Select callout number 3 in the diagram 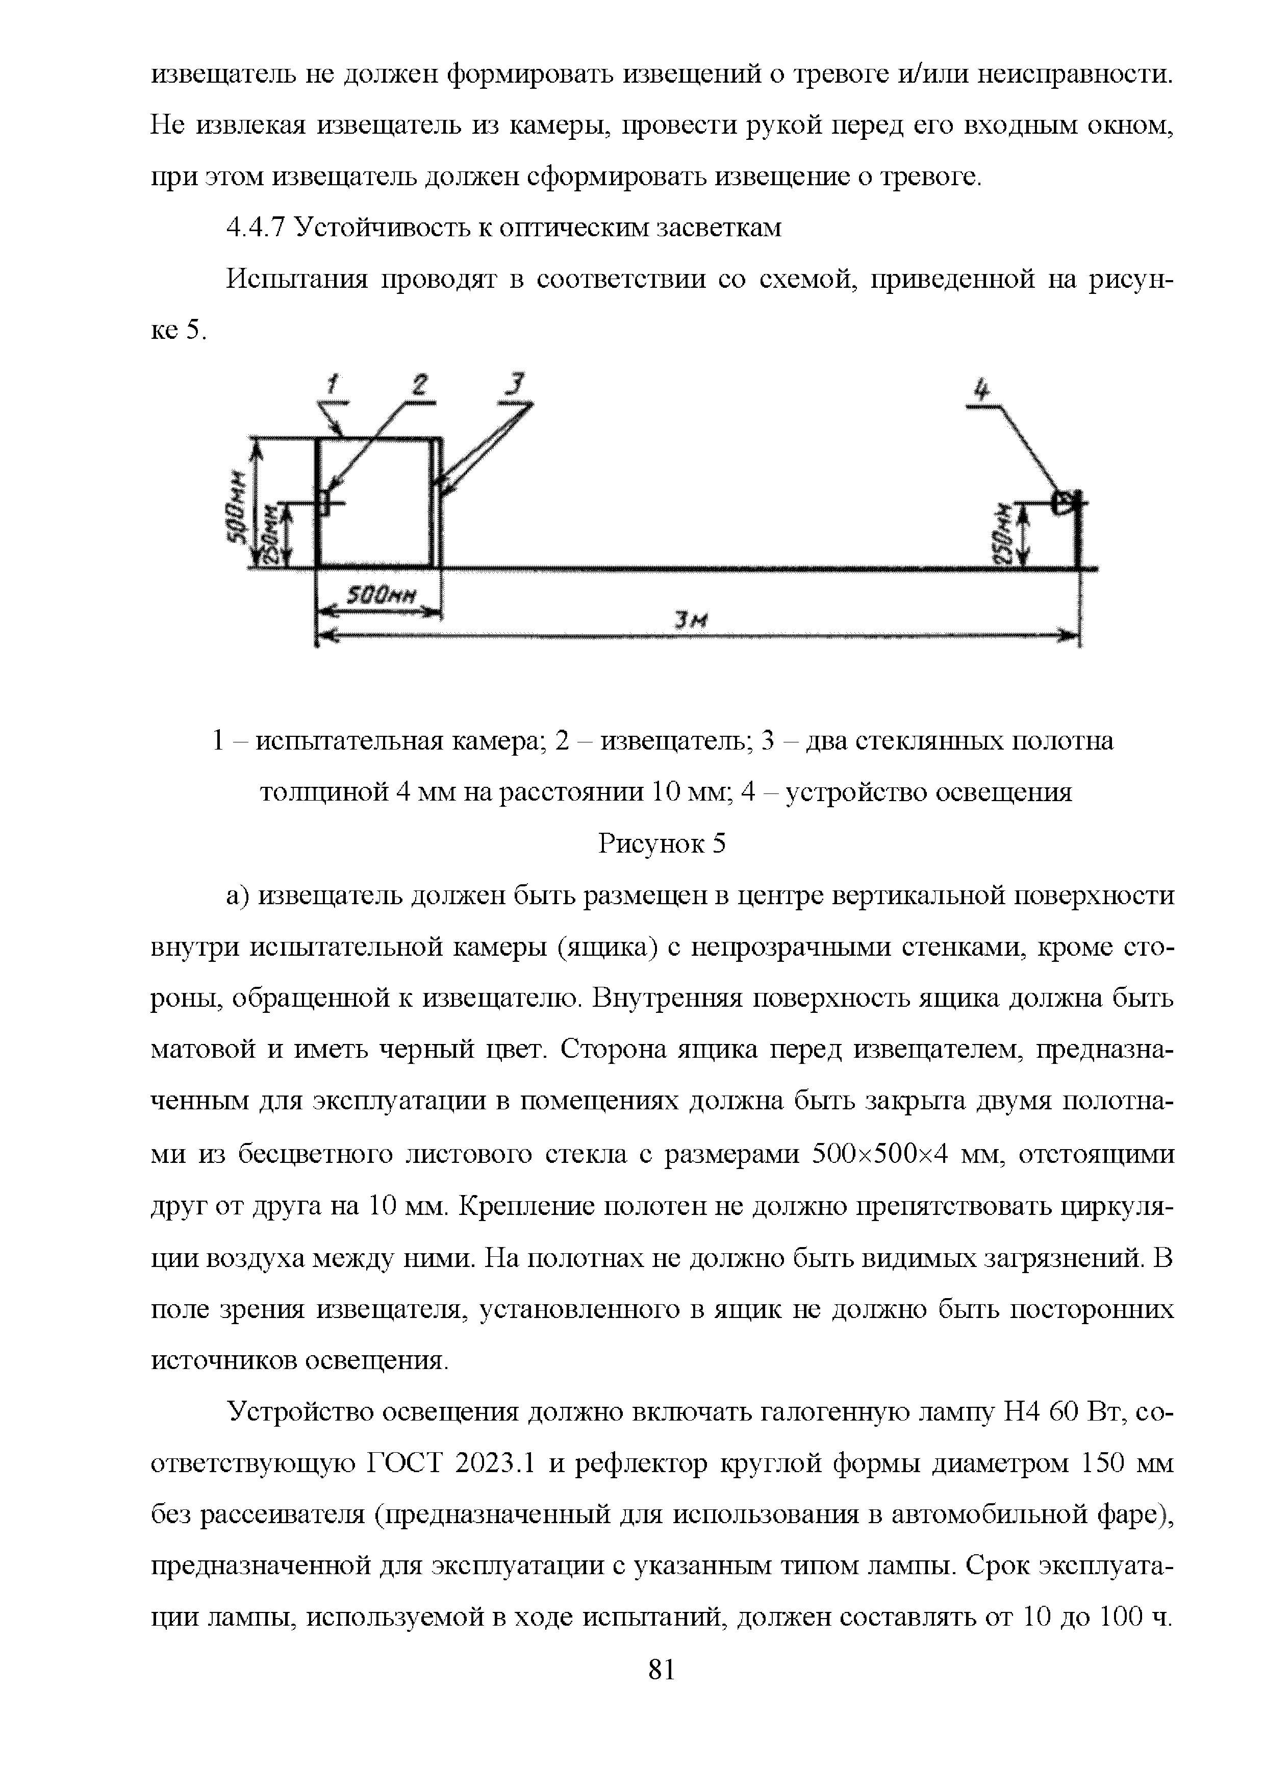pyautogui.click(x=515, y=384)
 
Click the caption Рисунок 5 pyautogui.click(x=662, y=843)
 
